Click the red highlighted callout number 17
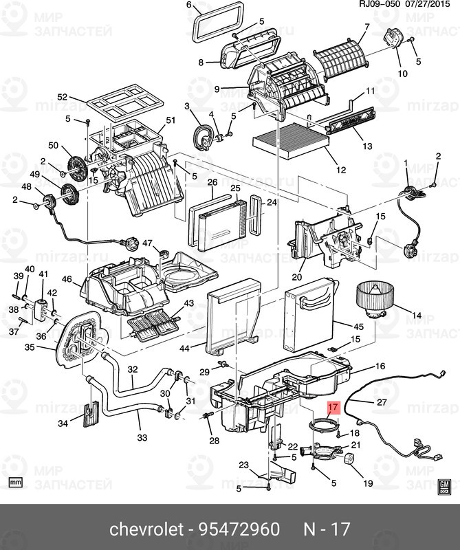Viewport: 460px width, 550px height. (x=333, y=408)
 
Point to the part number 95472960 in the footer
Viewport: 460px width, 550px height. (x=241, y=529)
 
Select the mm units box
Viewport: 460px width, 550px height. (x=17, y=481)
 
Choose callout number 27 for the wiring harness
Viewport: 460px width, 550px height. (x=382, y=401)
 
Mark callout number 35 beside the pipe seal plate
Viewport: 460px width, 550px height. (x=29, y=348)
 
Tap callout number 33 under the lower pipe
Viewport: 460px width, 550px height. (x=142, y=437)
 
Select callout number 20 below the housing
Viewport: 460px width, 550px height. (x=297, y=278)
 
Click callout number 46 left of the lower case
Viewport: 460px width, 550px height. (x=67, y=280)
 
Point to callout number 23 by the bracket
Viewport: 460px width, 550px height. (x=243, y=465)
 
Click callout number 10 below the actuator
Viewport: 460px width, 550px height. (x=402, y=73)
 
